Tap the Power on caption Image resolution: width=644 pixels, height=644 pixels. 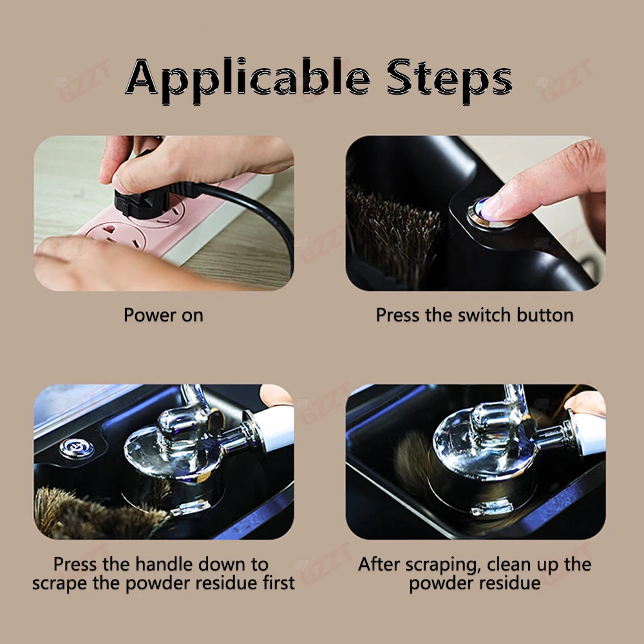coord(163,316)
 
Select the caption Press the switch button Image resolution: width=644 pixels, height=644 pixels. coord(475,316)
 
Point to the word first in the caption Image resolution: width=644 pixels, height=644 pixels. coord(273,583)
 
